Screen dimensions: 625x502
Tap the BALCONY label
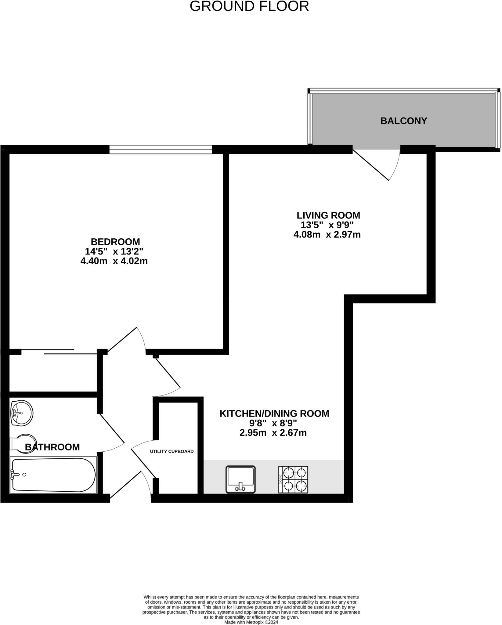pos(403,121)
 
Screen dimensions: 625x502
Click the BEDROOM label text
pos(115,242)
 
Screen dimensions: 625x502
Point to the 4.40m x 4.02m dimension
pos(114,261)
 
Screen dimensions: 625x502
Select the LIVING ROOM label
pos(328,215)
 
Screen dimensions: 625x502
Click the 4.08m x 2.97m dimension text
pos(327,235)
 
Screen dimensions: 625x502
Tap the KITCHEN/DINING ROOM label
pos(274,414)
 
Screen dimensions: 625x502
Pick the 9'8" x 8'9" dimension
pos(273,423)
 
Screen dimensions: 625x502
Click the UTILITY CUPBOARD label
pos(172,451)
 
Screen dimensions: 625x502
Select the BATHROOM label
pos(52,447)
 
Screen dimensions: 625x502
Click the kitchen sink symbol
pos(240,479)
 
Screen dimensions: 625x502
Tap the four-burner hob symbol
pos(293,479)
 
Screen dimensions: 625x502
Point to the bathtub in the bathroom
pos(53,475)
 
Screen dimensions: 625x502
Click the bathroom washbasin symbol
pos(21,413)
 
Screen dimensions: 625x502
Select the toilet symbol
pos(23,443)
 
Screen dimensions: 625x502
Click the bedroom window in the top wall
pos(161,149)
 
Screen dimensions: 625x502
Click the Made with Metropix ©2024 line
pos(251,622)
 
